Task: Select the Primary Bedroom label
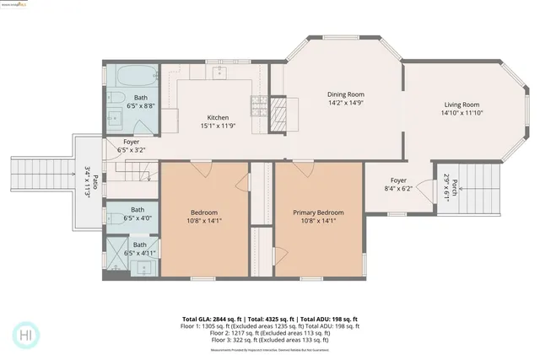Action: (x=318, y=212)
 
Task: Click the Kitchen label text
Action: (x=218, y=117)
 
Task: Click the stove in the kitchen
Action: (x=257, y=106)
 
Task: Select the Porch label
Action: (x=455, y=185)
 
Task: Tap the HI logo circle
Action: (x=26, y=334)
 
